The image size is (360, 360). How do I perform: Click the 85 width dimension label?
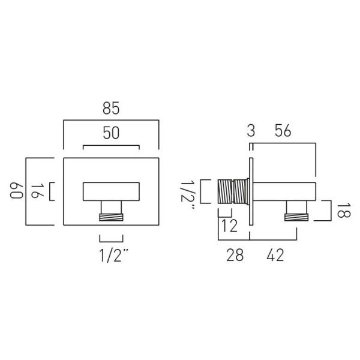111,108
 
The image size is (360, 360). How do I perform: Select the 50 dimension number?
111,133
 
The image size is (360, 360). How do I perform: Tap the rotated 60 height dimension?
17,190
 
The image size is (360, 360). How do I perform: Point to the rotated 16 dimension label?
37,191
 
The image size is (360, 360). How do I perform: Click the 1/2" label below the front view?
113,256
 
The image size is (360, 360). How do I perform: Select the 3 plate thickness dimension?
251,131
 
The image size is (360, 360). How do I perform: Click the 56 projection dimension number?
283,131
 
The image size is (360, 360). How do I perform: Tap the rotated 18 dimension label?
344,210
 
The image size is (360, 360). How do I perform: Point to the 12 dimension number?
229,226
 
